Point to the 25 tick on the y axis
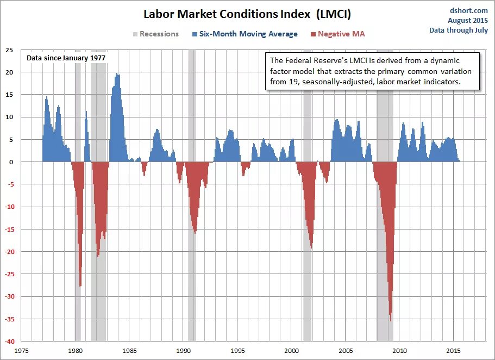click(9, 49)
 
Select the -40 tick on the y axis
click(9, 342)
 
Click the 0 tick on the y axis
click(10, 162)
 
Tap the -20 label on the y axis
click(9, 252)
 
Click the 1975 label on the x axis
click(22, 351)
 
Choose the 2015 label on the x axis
click(454, 351)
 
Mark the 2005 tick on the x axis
click(346, 351)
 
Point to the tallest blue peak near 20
click(117, 75)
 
